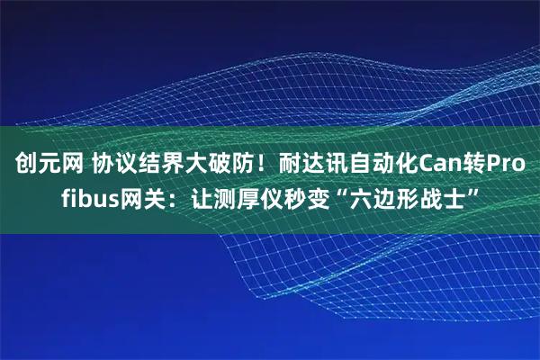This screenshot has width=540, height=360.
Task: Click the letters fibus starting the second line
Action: click(90, 197)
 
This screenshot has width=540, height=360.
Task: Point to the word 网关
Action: click(144, 197)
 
